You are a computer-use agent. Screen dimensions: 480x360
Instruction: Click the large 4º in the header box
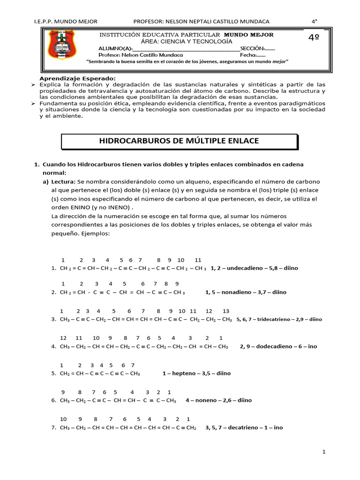pos(314,38)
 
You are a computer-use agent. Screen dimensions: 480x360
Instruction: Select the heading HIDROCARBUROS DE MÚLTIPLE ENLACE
pos(180,141)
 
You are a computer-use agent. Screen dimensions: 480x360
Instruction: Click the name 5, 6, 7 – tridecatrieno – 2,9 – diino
pos(279,319)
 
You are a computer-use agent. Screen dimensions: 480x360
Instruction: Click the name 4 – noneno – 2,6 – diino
pos(218,400)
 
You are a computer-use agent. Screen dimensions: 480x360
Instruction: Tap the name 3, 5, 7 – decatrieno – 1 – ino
pos(244,427)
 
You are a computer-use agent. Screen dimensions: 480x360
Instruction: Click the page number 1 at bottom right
pos(323,451)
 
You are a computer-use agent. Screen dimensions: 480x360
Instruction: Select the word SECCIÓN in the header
pos(252,48)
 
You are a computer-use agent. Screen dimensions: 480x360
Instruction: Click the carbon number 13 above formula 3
pos(226,311)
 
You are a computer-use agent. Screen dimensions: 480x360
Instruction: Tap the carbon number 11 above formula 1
pos(198,260)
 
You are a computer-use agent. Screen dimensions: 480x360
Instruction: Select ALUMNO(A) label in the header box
pos(115,48)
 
